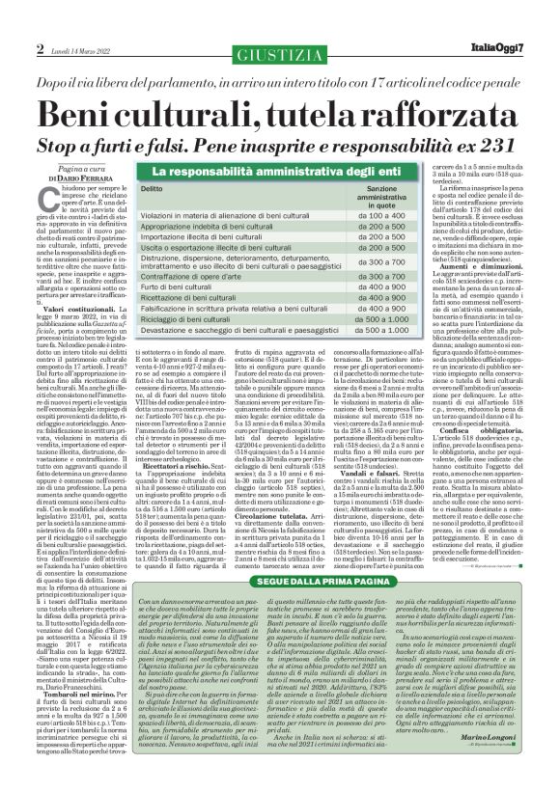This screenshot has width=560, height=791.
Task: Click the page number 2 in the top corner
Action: [41, 48]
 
